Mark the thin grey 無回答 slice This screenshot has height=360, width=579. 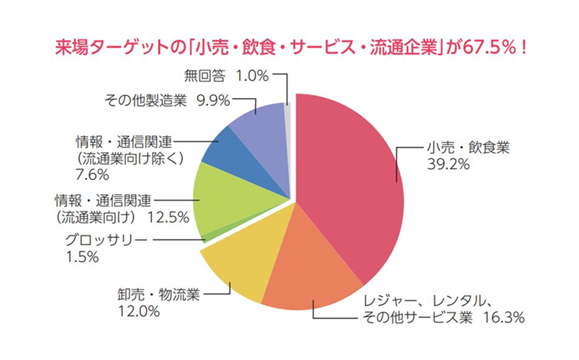tap(287, 113)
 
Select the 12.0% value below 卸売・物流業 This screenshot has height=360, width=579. tap(139, 311)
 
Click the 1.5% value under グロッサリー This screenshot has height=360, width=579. tap(82, 257)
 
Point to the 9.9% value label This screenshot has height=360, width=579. tap(213, 100)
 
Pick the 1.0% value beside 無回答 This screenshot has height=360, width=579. tap(252, 75)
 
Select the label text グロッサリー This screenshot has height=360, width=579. tap(106, 241)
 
